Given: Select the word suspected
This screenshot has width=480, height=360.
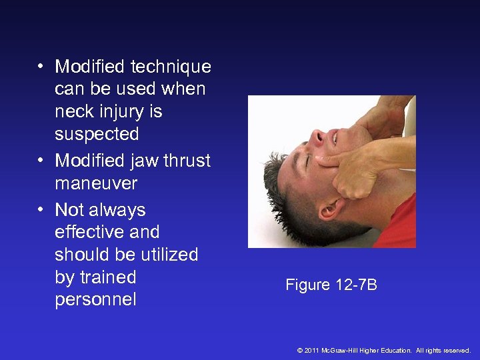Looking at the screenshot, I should tap(97, 134).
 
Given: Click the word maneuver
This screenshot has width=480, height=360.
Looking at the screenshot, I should tap(96, 183).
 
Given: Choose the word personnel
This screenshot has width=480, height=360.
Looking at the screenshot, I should tap(95, 300).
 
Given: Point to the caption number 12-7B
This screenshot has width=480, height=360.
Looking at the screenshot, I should tap(356, 285).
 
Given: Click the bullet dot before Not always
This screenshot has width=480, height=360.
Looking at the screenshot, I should tap(41, 210).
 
